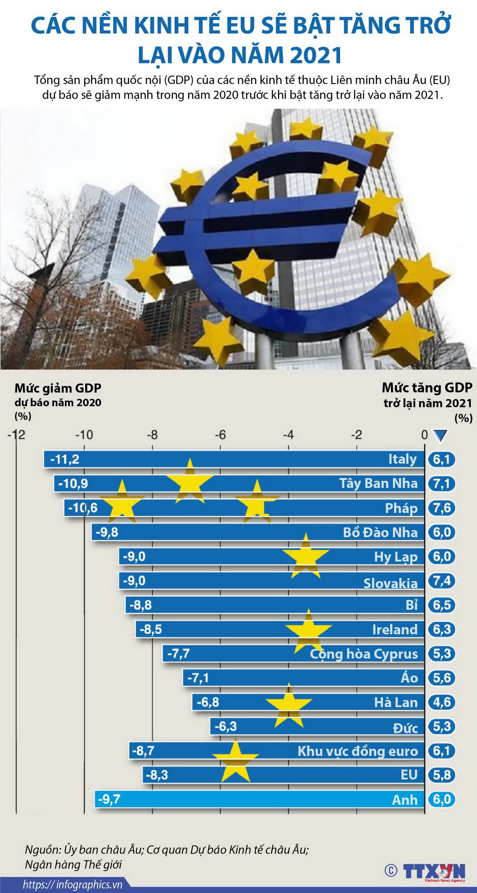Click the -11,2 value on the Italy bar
click(x=65, y=459)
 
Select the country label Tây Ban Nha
click(x=378, y=484)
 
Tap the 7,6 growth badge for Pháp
click(x=442, y=508)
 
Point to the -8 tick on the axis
click(x=152, y=435)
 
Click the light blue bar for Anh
click(x=257, y=799)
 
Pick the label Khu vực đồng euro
click(x=357, y=751)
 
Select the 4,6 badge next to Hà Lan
click(x=442, y=702)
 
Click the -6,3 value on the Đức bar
click(x=226, y=726)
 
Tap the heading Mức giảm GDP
click(x=58, y=388)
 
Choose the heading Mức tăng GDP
click(x=427, y=387)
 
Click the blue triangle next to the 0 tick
click(x=440, y=435)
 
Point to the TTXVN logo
click(x=434, y=871)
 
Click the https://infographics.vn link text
click(x=73, y=885)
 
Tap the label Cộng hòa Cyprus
click(x=364, y=654)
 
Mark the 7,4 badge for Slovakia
click(x=442, y=581)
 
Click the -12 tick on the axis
click(x=17, y=435)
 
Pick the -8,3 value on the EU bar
click(x=157, y=775)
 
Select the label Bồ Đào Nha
click(x=380, y=532)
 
